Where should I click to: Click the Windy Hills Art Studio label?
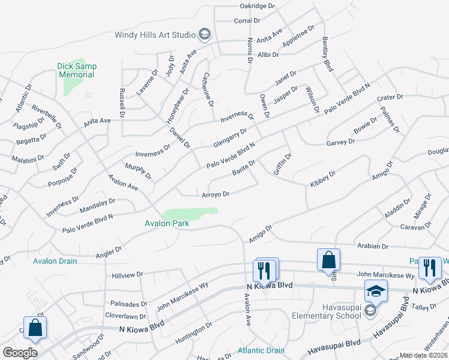pyautogui.click(x=155, y=35)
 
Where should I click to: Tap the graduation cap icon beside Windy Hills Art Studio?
pyautogui.click(x=205, y=35)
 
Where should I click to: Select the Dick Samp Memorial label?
pyautogui.click(x=76, y=70)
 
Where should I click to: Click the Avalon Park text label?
pyautogui.click(x=167, y=224)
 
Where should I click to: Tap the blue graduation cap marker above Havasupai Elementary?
pyautogui.click(x=376, y=291)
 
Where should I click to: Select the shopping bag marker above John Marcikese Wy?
pyautogui.click(x=328, y=260)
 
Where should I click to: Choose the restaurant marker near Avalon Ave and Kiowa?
pyautogui.click(x=265, y=270)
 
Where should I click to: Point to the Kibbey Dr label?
pyautogui.click(x=323, y=179)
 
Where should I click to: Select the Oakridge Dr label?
pyautogui.click(x=257, y=6)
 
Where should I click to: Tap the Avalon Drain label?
pyautogui.click(x=55, y=261)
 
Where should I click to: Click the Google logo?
pyautogui.click(x=20, y=353)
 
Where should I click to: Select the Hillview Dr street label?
pyautogui.click(x=127, y=274)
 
